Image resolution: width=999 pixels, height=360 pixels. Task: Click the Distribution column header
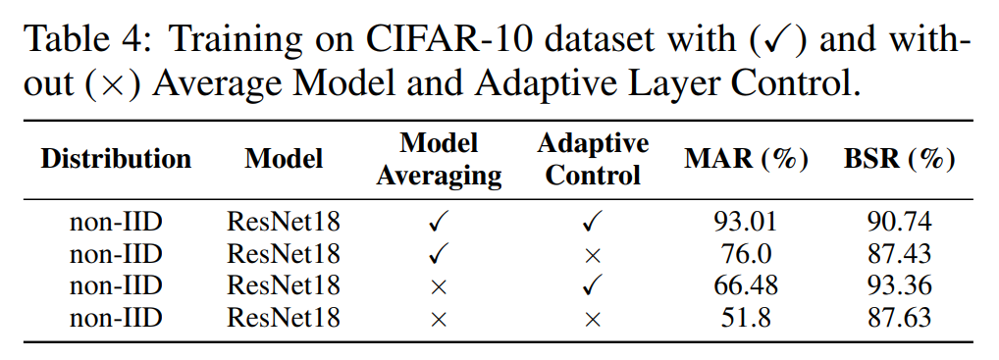(116, 159)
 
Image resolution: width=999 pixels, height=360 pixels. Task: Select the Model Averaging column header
(439, 159)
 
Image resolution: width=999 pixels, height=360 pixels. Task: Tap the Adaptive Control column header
(593, 159)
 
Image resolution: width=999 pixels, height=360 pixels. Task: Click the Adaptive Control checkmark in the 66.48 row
(593, 286)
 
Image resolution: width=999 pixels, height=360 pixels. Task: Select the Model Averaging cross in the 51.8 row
(439, 319)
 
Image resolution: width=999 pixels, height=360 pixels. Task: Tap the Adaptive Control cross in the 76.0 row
(593, 255)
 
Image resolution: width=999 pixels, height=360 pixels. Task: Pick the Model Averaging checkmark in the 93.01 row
(439, 223)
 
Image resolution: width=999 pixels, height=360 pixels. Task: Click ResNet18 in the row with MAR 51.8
(284, 318)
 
